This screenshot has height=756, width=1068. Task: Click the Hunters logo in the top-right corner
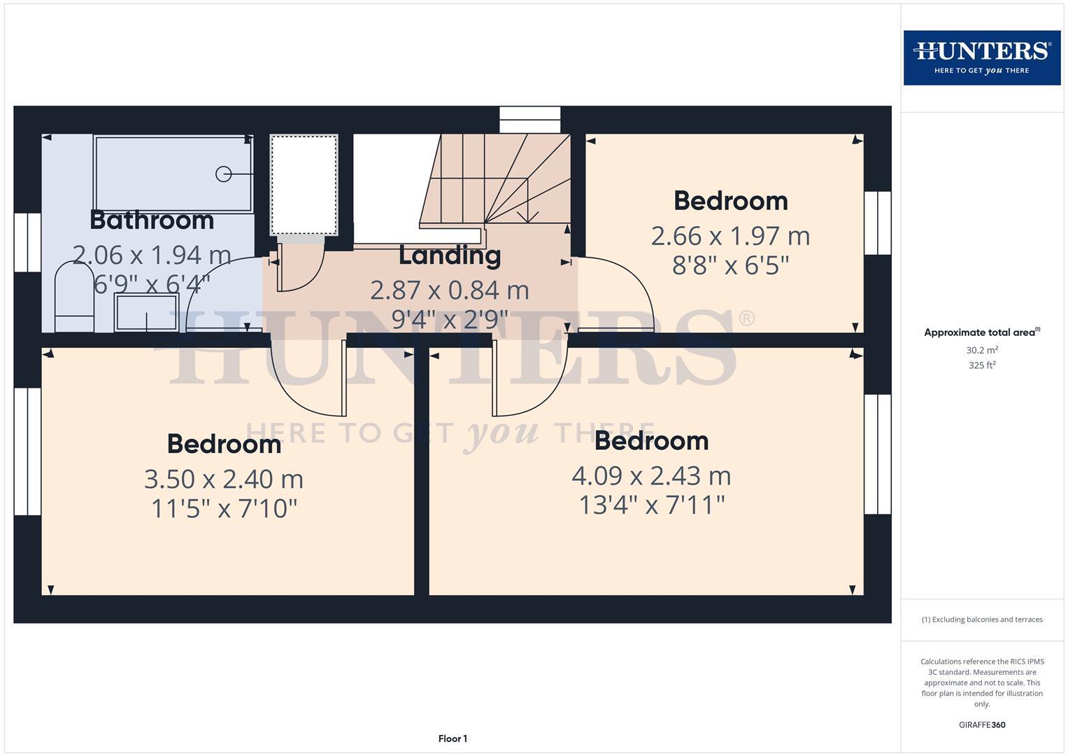982,57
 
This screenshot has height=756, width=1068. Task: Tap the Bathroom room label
152,220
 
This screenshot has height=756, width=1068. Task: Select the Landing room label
450,255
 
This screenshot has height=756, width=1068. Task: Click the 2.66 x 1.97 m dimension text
730,237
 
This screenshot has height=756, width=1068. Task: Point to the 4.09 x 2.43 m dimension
651,476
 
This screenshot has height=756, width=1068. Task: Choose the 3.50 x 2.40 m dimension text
224,479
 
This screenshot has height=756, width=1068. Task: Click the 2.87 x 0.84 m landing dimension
450,290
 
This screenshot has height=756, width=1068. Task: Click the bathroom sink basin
146,313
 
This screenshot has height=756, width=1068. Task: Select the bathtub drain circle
223,174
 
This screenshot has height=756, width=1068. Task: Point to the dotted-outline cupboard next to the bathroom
304,185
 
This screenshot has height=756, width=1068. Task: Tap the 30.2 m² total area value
982,350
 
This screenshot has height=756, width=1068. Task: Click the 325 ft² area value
982,365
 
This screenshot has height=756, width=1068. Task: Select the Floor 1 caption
453,738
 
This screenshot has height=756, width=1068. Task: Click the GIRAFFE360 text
982,725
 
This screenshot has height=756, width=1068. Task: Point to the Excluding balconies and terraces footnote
982,619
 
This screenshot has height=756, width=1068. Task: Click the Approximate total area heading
982,332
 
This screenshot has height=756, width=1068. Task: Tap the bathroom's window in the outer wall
28,242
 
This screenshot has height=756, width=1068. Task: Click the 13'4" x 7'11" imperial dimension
652,505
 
